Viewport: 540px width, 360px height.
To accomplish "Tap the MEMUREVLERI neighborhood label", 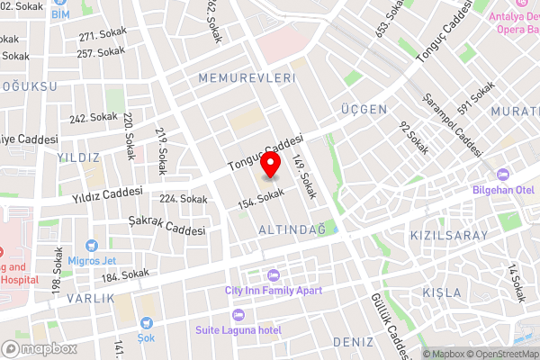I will click(x=247, y=79).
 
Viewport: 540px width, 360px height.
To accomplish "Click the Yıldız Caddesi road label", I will click(x=110, y=193).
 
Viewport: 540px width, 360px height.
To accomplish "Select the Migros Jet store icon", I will click(x=91, y=246).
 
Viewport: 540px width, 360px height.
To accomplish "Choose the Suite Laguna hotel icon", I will click(x=238, y=314).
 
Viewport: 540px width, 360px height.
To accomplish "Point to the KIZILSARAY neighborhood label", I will click(x=448, y=236).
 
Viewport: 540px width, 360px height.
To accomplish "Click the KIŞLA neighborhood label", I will click(x=441, y=292).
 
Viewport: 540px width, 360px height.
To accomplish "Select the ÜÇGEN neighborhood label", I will click(x=364, y=109).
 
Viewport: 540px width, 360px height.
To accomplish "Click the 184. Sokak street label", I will click(x=125, y=274).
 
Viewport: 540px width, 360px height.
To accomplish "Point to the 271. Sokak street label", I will click(x=101, y=37).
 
